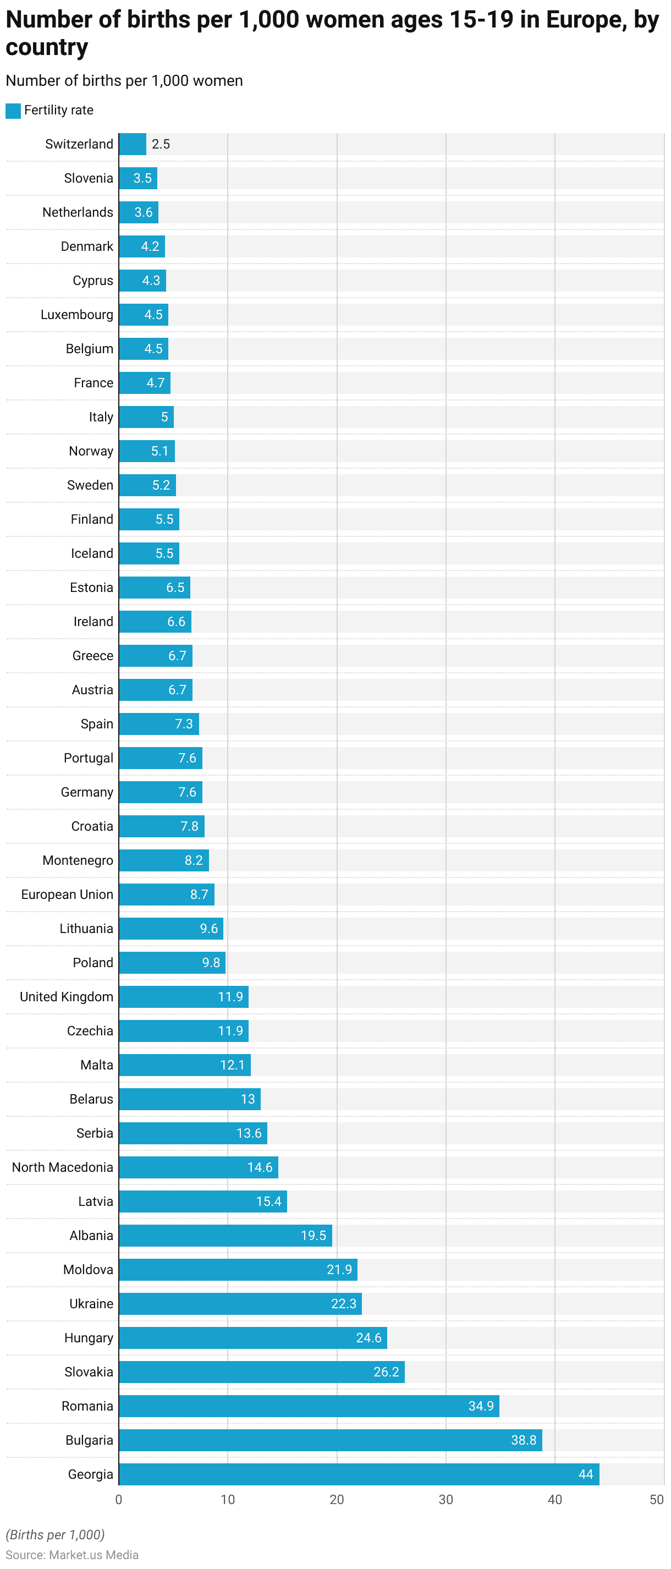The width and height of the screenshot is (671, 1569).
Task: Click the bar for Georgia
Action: click(x=359, y=1474)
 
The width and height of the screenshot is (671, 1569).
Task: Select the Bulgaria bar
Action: click(x=330, y=1440)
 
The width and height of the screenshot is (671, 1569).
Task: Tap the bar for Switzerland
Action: click(x=132, y=144)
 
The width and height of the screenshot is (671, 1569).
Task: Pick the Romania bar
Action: click(x=309, y=1406)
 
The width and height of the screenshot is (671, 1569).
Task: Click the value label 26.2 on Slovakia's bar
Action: click(x=386, y=1371)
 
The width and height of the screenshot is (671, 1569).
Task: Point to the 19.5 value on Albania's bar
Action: click(x=313, y=1235)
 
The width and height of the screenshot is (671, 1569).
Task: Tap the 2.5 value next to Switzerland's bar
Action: click(x=161, y=144)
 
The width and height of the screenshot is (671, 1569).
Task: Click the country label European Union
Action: click(x=67, y=894)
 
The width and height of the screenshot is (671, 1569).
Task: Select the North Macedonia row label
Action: click(x=63, y=1167)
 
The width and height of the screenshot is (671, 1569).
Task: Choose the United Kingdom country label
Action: click(x=67, y=996)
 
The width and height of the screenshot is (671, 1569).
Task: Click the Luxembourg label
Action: click(x=76, y=314)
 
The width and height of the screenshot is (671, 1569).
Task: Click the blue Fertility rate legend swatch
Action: click(x=13, y=110)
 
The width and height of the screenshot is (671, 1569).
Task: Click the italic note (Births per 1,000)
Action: click(x=56, y=1534)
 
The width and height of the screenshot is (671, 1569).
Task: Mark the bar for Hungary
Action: click(x=252, y=1337)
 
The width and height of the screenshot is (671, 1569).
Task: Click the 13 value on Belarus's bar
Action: click(x=248, y=1099)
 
